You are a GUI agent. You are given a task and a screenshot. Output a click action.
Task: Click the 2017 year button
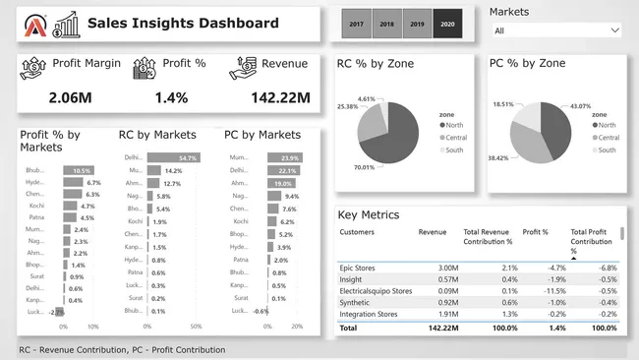pos(356,23)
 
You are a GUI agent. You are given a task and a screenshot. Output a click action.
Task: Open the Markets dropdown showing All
pos(554,30)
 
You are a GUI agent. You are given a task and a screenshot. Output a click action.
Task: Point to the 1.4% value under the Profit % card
pos(171,97)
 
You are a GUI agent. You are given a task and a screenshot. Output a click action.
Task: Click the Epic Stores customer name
pos(360,268)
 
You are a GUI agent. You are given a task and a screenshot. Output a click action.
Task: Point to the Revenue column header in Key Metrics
pos(433,232)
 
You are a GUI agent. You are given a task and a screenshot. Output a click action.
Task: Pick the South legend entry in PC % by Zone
pos(607,150)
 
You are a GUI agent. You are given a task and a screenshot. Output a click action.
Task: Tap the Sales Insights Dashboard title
pos(183,23)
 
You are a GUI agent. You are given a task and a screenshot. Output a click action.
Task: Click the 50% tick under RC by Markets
pos(195,327)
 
